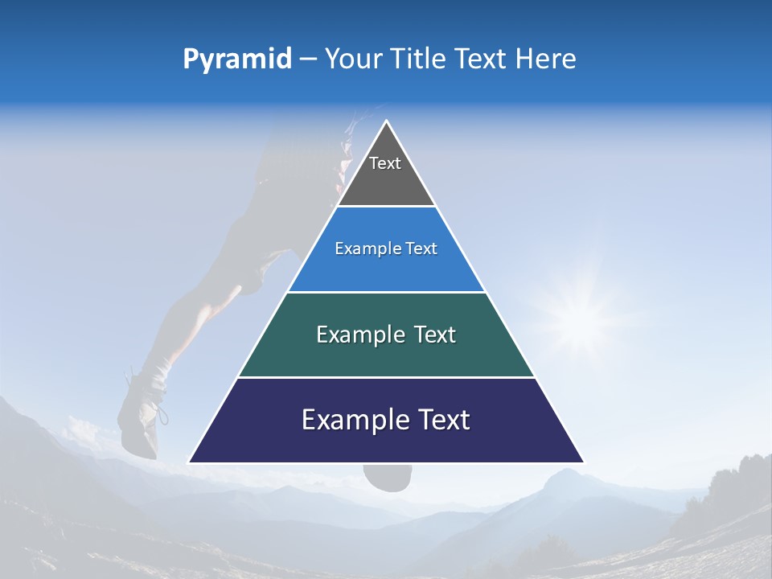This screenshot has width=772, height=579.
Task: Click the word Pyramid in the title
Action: [236, 60]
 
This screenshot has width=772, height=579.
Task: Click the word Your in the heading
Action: [352, 60]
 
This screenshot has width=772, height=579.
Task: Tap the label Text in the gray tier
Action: [385, 163]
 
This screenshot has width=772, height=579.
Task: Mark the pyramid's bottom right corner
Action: [583, 462]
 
